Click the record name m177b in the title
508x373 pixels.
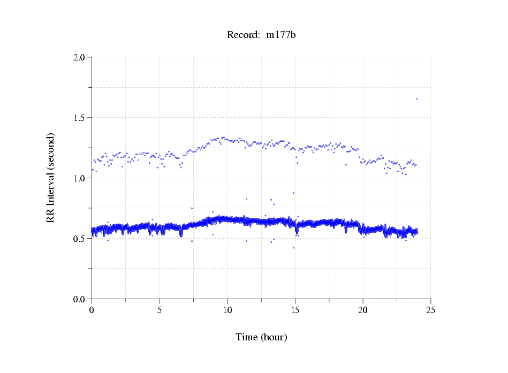[x=282, y=35]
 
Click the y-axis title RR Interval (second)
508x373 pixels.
[x=50, y=178]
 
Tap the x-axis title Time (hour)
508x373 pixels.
[x=261, y=337]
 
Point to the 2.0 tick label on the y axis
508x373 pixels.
[x=80, y=57]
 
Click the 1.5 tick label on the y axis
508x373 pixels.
[x=80, y=118]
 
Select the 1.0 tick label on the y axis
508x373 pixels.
[x=80, y=178]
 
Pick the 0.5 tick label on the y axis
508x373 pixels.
[x=80, y=239]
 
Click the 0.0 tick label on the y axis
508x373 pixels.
[x=80, y=299]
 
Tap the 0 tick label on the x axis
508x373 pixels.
[x=92, y=310]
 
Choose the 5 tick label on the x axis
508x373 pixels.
[x=160, y=310]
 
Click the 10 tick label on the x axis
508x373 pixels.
[x=228, y=310]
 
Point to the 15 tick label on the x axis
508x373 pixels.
[x=295, y=310]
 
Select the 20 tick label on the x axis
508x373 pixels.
[x=363, y=310]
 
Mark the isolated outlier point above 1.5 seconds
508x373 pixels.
[x=416, y=98]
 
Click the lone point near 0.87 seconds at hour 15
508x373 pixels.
[x=293, y=193]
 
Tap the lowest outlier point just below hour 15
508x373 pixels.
[x=293, y=248]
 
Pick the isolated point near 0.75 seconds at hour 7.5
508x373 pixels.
[x=192, y=208]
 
